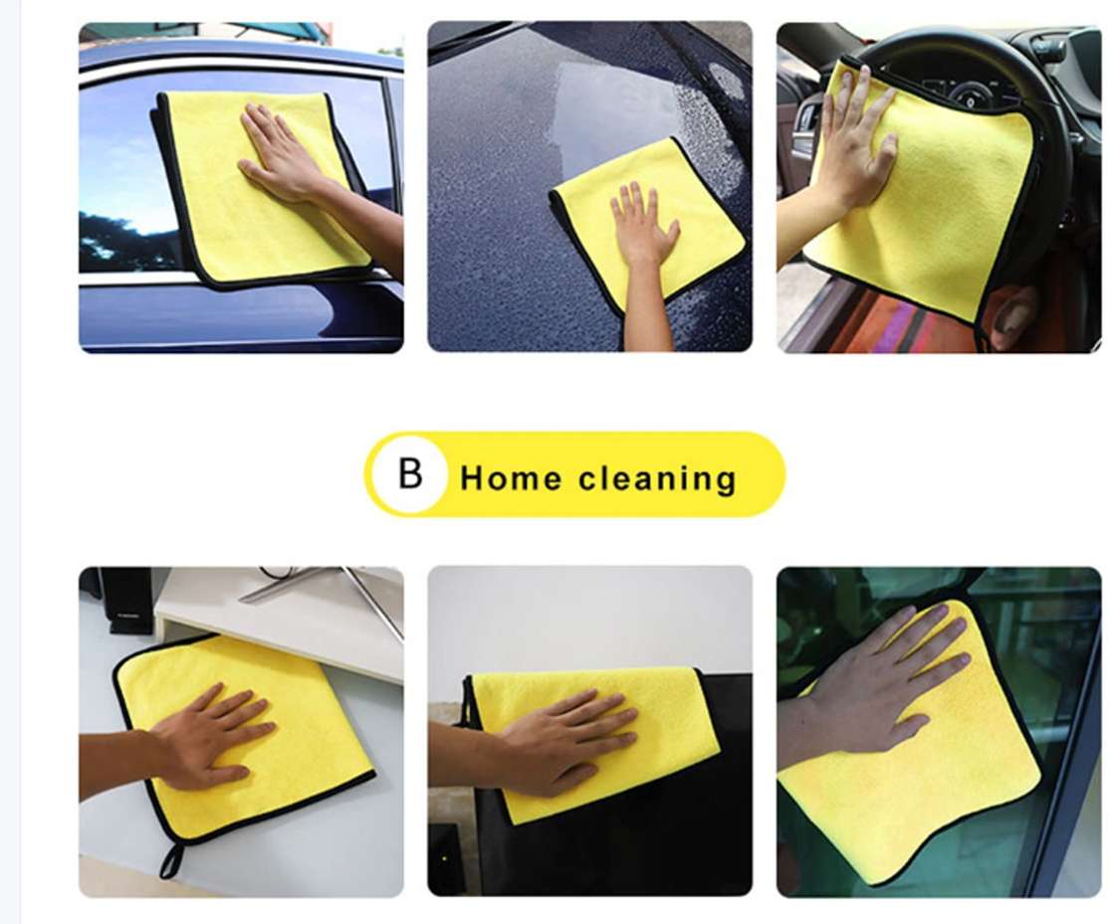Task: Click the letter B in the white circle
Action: pos(410,473)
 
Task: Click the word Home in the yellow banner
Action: pos(512,478)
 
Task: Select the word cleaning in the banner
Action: pos(658,478)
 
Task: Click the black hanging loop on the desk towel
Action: pos(171,860)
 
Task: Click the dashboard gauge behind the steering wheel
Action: pos(971,95)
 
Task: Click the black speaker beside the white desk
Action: pos(125,601)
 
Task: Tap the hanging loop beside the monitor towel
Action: pos(468,703)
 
